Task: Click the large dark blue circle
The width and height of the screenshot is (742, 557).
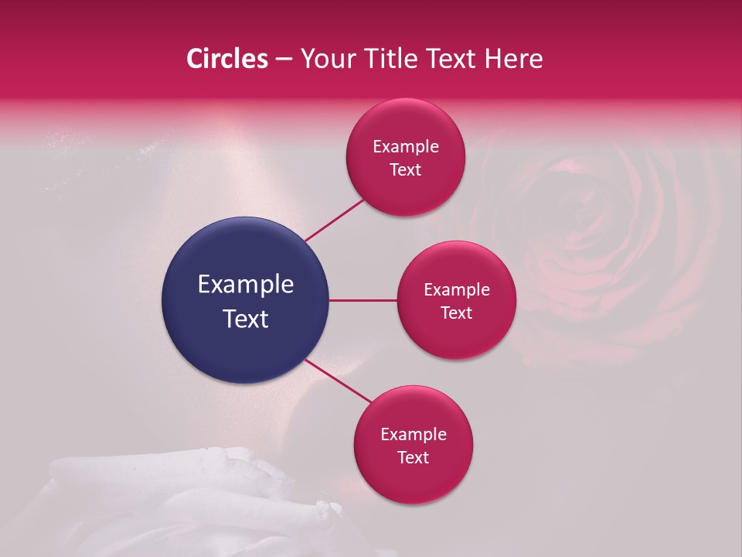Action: coord(245,300)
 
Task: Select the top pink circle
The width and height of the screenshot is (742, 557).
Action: coord(406,158)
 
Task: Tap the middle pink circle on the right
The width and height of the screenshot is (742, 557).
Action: coord(457,300)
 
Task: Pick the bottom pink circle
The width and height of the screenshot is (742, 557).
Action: coord(414,445)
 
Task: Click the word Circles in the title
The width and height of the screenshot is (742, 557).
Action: coord(226,59)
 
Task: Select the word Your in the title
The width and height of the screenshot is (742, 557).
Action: coord(328,59)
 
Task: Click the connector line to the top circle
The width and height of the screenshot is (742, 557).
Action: coord(335,219)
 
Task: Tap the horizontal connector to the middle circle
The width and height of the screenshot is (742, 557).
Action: coord(362,300)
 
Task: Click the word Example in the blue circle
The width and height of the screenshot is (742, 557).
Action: coord(246,285)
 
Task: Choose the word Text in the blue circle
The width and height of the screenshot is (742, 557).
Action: coord(246,318)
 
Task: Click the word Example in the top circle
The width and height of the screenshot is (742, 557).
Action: coord(406,147)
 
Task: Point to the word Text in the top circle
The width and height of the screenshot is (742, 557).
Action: coord(406,170)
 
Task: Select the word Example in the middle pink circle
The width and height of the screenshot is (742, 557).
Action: coord(457,290)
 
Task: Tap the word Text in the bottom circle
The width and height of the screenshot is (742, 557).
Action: coord(414,457)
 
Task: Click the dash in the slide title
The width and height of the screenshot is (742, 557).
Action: coord(283,60)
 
